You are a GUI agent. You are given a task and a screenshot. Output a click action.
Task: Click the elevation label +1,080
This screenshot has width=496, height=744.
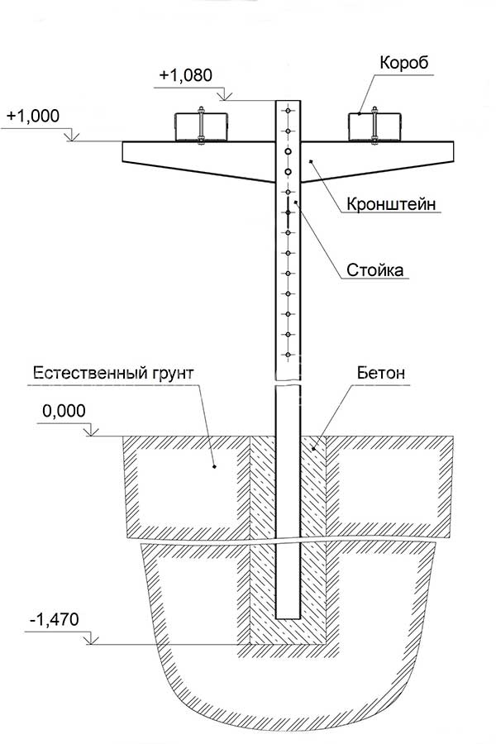coord(186,75)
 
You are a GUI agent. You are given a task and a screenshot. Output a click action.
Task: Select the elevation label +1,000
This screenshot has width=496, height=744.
coord(33,117)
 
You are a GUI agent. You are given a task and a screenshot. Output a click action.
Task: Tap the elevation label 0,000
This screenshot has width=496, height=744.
coord(64,410)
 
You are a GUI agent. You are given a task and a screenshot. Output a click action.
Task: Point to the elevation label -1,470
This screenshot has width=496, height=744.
coord(54,619)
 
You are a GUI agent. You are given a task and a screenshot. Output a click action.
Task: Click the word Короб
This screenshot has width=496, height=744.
coord(404,62)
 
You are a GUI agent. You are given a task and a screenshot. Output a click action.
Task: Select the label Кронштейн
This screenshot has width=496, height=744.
coord(391,204)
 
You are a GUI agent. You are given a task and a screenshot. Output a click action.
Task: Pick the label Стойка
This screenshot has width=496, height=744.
coord(375,269)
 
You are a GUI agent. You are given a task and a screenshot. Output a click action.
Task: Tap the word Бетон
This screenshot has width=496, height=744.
coord(381,373)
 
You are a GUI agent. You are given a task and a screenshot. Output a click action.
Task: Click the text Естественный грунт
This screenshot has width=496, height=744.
coord(113,373)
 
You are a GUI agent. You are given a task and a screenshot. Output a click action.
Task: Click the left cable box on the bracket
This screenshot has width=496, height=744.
coord(201,126)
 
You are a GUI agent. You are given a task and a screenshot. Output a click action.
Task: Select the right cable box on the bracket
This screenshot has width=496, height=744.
coord(374,126)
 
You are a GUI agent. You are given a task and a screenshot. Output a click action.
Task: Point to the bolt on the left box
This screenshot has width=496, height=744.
coord(201,124)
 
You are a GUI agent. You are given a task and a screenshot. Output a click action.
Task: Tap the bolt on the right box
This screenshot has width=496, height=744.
coord(374,124)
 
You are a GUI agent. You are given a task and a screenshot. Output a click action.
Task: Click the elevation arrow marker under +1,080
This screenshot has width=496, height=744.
coord(226,97)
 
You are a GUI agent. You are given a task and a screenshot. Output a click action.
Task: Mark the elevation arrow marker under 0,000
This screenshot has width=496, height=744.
coord(92,432)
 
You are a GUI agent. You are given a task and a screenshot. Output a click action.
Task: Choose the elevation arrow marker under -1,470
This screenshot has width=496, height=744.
coord(91,640)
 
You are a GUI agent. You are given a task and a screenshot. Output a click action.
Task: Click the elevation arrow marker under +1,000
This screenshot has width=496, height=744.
coord(72,136)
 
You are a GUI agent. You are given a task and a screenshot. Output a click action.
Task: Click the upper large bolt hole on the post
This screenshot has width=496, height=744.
coord(289,151)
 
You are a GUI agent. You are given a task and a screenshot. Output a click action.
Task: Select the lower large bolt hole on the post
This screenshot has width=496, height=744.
coord(289,172)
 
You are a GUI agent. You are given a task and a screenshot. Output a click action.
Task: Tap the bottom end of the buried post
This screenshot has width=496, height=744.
coord(289,618)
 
